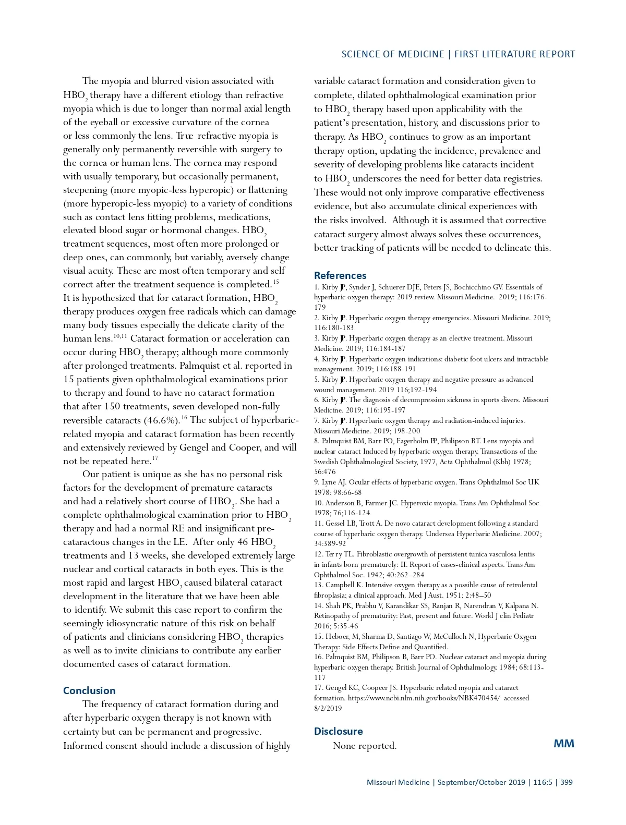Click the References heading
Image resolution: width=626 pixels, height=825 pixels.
(x=340, y=275)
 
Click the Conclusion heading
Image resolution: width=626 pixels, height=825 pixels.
(x=89, y=690)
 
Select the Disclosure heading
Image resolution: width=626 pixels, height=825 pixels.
(x=338, y=731)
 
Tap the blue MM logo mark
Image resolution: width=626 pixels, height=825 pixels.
(x=563, y=744)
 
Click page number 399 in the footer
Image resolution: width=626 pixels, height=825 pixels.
(x=566, y=782)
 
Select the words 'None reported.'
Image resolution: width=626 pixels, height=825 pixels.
(x=365, y=746)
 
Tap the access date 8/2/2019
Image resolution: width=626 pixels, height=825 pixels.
(x=328, y=708)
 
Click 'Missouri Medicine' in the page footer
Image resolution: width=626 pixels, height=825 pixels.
(x=398, y=782)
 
